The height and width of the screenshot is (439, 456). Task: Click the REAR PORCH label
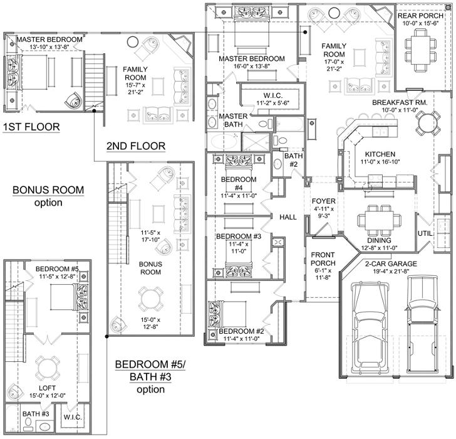point(420,16)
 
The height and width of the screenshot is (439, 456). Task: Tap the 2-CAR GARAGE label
point(391,264)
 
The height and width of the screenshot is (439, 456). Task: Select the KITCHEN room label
point(380,154)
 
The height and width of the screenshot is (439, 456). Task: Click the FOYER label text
point(323,201)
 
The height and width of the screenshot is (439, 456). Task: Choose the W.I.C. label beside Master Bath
point(273,95)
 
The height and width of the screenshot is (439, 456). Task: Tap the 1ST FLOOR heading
point(31,127)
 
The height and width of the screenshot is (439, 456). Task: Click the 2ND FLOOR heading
point(136,146)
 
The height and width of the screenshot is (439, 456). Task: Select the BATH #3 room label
point(36,414)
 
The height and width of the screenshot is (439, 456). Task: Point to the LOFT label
point(47,388)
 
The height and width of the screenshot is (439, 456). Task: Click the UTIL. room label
point(425,233)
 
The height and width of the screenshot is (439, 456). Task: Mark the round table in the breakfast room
point(427,123)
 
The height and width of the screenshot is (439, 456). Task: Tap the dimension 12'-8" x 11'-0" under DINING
point(379,248)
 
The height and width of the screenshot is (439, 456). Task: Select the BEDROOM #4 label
point(239,183)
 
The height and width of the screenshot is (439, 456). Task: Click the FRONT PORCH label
point(323,259)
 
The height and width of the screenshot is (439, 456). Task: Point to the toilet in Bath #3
point(28,421)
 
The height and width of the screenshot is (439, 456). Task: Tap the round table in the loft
point(48,367)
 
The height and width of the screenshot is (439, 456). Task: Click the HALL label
point(288,217)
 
